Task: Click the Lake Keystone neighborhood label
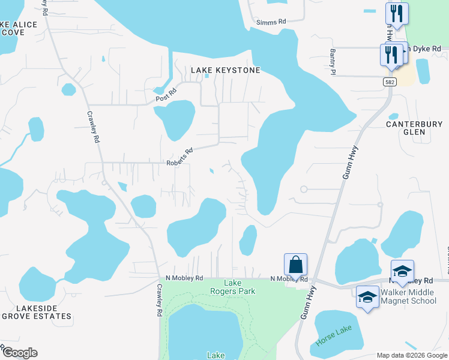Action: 226,70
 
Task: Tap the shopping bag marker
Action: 295,265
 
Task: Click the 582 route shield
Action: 390,81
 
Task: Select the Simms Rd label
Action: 271,22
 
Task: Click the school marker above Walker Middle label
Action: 402,271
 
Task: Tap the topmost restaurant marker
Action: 397,14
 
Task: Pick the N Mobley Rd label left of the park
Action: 184,278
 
